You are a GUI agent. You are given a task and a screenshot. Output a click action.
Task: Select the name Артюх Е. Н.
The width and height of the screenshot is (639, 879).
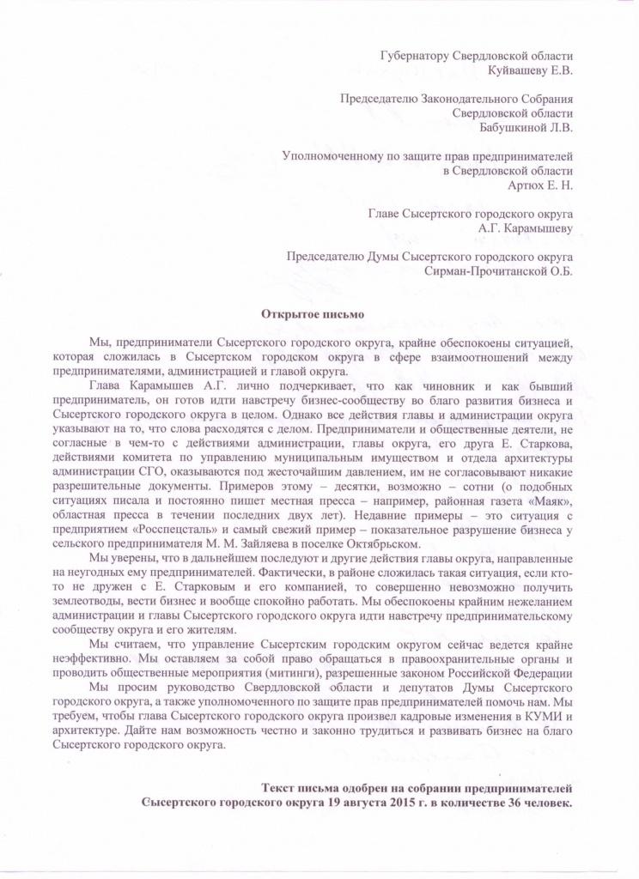pyautogui.click(x=542, y=185)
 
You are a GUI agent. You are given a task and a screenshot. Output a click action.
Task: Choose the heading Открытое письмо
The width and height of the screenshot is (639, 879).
pyautogui.click(x=313, y=315)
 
